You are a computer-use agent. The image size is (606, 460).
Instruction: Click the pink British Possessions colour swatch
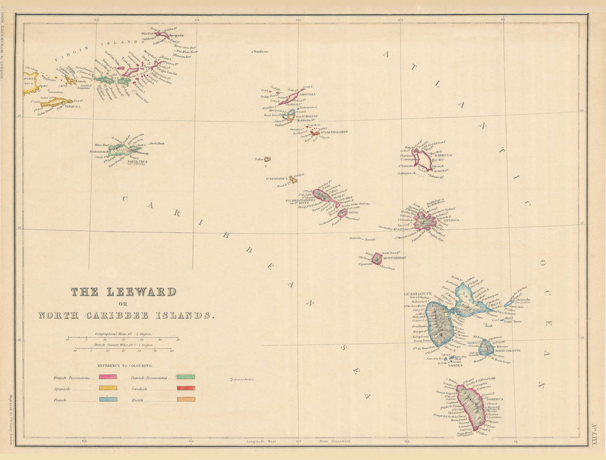point(108,376)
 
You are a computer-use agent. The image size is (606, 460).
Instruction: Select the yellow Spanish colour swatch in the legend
point(108,388)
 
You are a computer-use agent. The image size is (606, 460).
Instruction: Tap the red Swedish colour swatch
point(185,388)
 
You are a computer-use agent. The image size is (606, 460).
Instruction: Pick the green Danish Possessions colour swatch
point(185,376)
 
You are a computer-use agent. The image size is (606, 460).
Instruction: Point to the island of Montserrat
point(377,259)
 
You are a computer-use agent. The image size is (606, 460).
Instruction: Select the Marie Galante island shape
point(485,347)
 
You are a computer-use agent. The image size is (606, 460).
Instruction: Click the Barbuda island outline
point(422,160)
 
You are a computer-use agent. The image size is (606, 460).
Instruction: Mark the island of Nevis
point(342,213)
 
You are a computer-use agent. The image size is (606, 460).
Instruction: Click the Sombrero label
point(261,52)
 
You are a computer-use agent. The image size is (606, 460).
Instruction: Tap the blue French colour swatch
point(108,399)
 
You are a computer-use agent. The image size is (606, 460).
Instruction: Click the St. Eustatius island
point(293,179)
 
